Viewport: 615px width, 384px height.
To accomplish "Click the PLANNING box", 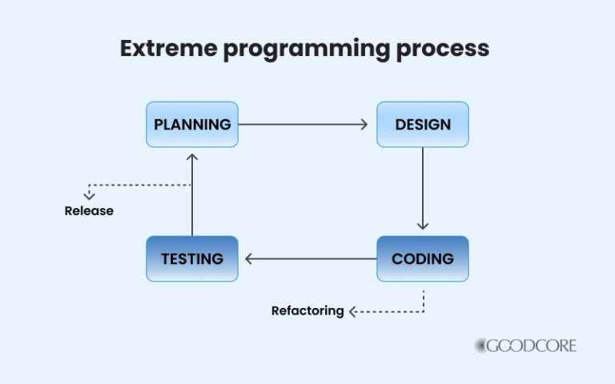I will coord(192,125).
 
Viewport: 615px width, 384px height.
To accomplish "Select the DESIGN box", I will coord(423,125).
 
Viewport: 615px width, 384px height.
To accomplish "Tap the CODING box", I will coord(423,258).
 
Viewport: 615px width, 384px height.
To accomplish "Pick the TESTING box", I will coord(192,258).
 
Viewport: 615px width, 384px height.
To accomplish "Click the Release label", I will coord(89,211).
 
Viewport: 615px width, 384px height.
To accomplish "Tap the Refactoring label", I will coord(307,310).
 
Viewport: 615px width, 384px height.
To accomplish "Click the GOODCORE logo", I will coord(525,346).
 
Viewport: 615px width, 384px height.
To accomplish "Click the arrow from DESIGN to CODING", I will coord(423,189).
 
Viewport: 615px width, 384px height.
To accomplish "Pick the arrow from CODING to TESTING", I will coord(311,258).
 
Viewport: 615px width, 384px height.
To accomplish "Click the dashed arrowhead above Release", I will coord(89,194).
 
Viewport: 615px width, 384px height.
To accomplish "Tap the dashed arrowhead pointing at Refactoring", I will coord(353,310).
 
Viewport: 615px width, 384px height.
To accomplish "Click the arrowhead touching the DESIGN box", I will coord(363,125).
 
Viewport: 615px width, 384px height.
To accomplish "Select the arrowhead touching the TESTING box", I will coord(249,258).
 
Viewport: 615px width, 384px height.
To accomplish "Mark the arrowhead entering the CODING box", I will coord(423,225).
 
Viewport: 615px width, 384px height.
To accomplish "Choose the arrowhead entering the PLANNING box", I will coord(192,158).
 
